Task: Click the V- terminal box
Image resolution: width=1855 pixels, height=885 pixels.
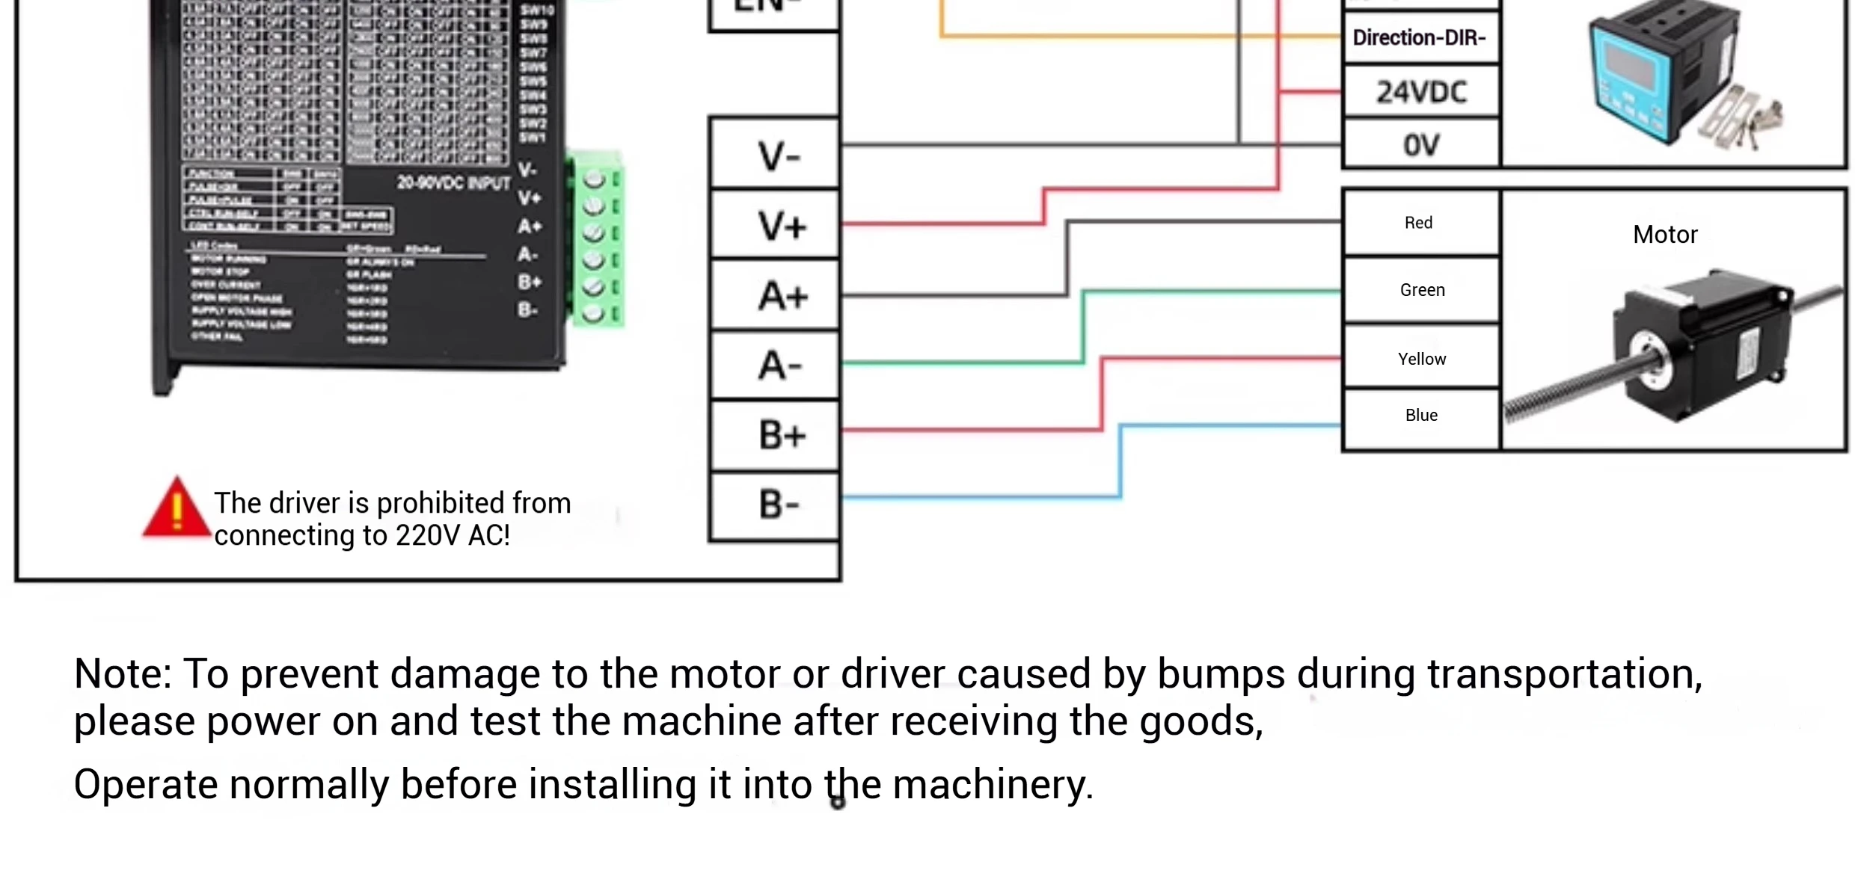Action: pos(775,155)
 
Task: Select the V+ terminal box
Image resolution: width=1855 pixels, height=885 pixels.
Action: pos(775,224)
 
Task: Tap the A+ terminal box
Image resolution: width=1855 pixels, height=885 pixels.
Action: pos(775,295)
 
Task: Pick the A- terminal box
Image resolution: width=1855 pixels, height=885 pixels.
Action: pos(775,365)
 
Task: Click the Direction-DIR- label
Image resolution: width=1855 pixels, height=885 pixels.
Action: pos(1420,37)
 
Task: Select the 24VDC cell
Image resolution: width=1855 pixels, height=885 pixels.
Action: pos(1421,92)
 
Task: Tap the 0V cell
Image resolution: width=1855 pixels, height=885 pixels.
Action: pos(1421,144)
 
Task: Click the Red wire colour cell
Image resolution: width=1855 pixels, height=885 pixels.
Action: pos(1419,223)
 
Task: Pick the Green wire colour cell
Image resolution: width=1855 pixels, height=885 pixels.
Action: pos(1422,290)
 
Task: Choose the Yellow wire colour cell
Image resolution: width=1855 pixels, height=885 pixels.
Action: pos(1422,359)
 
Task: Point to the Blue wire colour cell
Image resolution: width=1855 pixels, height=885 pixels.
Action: pos(1421,416)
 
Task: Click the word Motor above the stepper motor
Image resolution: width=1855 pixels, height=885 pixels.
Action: pos(1665,235)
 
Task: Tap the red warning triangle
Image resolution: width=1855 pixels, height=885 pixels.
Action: pos(177,510)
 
